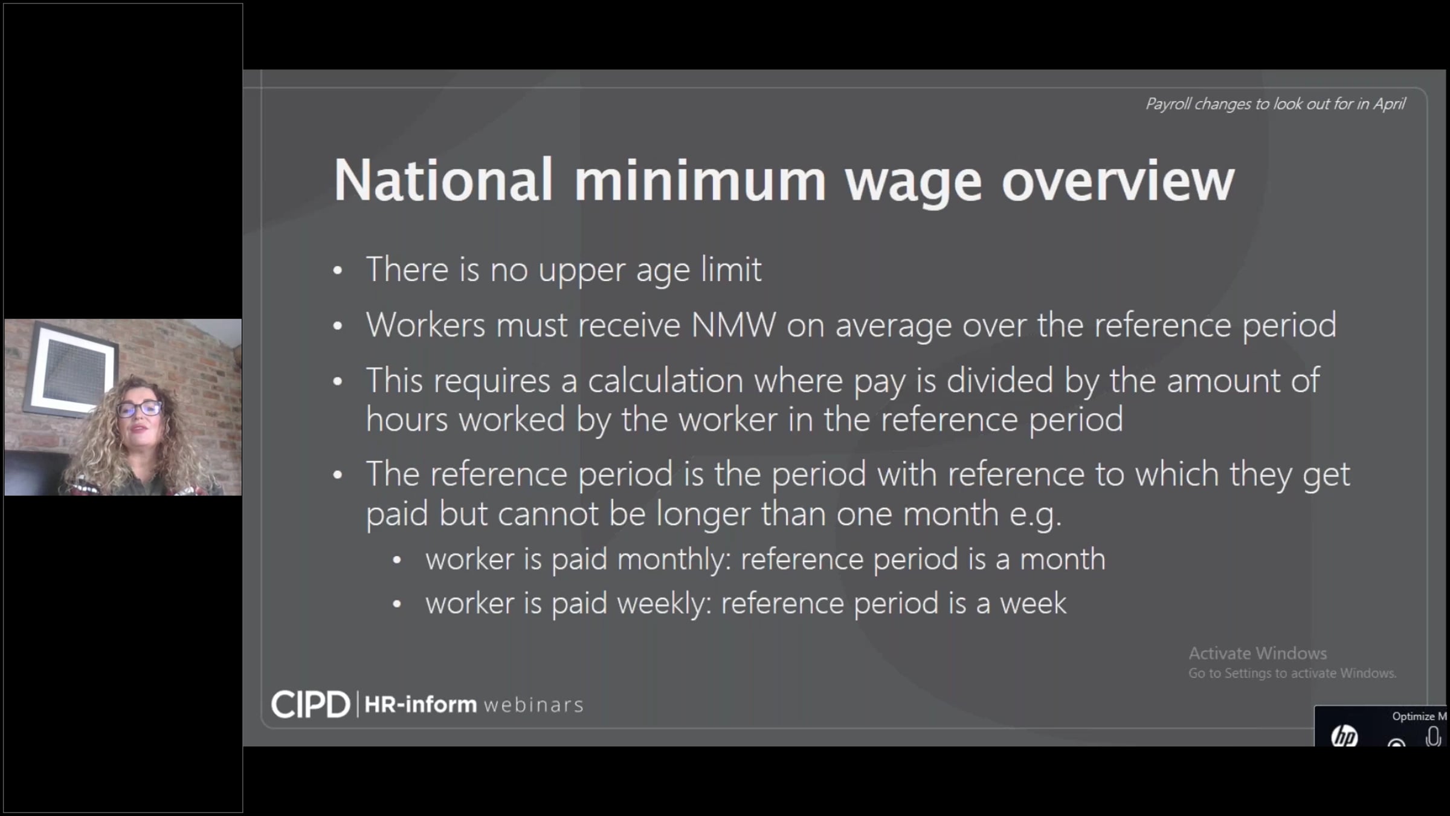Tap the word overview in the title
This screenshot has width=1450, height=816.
[1118, 180]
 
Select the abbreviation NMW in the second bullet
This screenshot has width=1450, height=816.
[733, 325]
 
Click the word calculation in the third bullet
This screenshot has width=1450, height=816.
[666, 381]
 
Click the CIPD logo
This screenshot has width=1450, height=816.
[311, 705]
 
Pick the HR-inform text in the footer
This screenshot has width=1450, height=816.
[420, 705]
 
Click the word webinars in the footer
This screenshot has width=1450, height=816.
[533, 705]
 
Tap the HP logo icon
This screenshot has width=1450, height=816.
[1344, 736]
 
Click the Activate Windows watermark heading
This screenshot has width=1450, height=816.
[1258, 653]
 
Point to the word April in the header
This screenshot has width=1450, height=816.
[1390, 105]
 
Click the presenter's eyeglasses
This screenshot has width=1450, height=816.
[140, 409]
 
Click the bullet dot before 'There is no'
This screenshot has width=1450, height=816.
[338, 271]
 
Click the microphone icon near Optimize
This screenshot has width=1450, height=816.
[1432, 737]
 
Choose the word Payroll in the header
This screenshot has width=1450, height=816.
[1168, 105]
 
